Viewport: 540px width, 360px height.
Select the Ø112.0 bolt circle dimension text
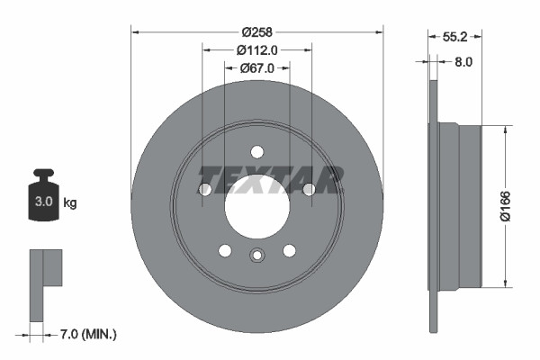point(257,50)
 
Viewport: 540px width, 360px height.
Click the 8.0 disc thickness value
point(464,62)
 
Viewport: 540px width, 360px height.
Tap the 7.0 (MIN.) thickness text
point(86,335)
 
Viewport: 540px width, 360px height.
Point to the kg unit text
point(69,203)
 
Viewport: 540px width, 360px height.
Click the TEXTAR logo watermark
point(270,179)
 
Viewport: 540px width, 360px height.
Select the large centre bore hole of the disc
point(257,206)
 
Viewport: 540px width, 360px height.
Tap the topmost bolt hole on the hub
point(257,152)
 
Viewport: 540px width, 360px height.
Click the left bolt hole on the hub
point(204,189)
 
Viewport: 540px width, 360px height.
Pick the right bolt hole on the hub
point(310,189)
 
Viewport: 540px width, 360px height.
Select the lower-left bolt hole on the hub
point(225,250)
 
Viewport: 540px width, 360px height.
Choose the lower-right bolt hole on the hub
point(290,250)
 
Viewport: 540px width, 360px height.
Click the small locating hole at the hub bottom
point(257,256)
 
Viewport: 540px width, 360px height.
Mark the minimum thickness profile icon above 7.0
point(44,284)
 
